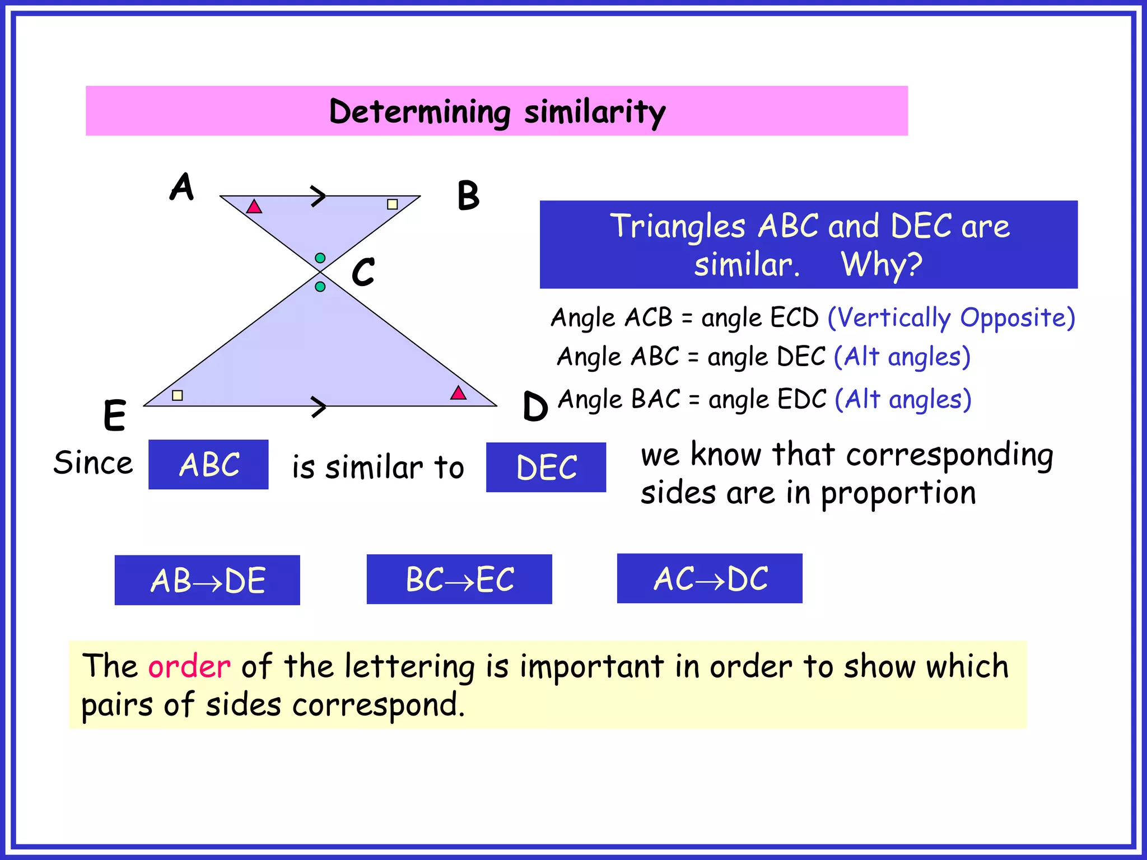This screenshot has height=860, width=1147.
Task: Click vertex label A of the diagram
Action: [x=182, y=187]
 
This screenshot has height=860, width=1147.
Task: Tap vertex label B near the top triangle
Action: [x=468, y=196]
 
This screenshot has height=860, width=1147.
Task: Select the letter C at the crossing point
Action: [x=363, y=272]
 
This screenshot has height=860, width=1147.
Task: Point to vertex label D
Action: [x=535, y=406]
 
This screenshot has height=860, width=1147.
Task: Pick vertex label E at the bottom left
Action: [x=115, y=415]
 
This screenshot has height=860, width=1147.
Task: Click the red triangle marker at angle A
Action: [x=254, y=207]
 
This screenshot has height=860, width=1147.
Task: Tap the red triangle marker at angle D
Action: [x=458, y=393]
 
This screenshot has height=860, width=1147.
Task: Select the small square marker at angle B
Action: [x=393, y=204]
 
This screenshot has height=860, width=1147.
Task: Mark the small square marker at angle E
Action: [x=178, y=395]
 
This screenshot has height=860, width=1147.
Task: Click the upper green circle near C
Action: [x=320, y=258]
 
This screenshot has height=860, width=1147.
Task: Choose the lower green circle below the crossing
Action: [x=320, y=287]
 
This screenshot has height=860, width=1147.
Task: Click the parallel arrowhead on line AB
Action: [x=319, y=196]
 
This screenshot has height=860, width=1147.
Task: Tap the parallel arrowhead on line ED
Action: [x=319, y=406]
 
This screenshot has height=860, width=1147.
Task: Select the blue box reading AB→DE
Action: [x=207, y=580]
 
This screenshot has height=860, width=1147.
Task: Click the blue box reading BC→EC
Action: [x=459, y=579]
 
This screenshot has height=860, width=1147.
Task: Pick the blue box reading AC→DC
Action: [x=710, y=578]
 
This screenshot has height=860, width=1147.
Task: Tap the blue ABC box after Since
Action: [x=208, y=465]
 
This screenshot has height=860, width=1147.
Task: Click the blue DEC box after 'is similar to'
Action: [x=546, y=468]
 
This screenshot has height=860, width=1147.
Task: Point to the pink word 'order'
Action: [x=189, y=666]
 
